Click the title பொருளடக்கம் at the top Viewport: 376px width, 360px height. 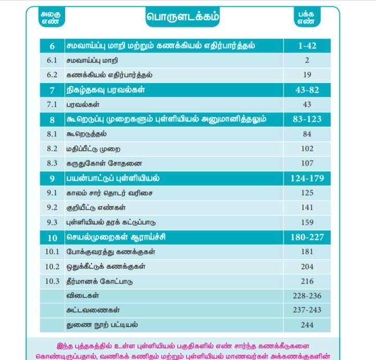(183, 17)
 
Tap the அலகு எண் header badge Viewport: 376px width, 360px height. (51, 18)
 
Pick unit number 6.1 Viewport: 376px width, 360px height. (52, 60)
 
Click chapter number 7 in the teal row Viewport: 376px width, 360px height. (52, 90)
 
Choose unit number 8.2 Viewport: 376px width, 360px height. (52, 149)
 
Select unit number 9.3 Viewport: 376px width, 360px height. (52, 222)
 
